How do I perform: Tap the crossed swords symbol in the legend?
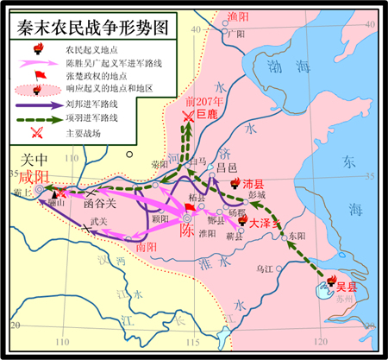[x=37, y=132]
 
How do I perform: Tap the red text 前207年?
[x=204, y=100]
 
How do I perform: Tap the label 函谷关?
[x=96, y=205]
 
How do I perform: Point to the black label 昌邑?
[x=225, y=167]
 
